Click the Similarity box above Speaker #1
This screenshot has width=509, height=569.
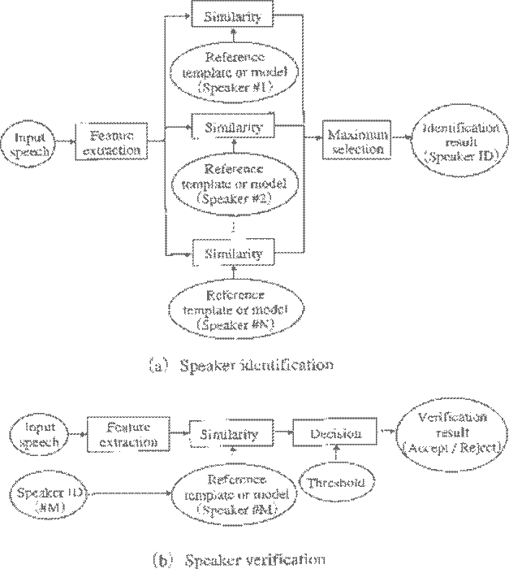tap(234, 17)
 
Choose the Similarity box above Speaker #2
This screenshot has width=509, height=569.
tap(234, 128)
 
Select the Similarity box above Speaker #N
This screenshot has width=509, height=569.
tap(234, 254)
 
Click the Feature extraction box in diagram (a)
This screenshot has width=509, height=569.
tap(113, 140)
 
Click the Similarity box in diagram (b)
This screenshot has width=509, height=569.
tap(230, 434)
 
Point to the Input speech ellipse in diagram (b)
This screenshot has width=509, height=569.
tap(36, 434)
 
